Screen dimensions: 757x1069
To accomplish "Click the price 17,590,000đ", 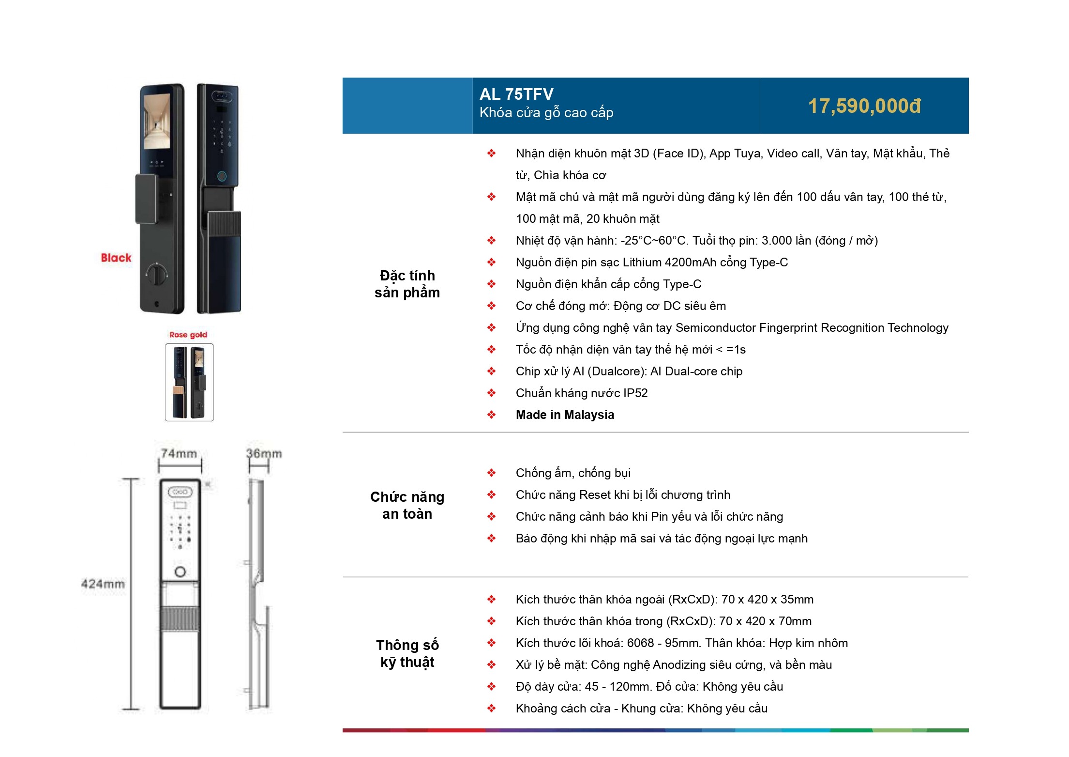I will (x=864, y=106).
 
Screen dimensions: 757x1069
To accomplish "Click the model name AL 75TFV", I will (x=516, y=94).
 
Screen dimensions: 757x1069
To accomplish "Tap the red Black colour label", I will (x=116, y=258).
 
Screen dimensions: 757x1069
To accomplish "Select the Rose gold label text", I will (x=188, y=335).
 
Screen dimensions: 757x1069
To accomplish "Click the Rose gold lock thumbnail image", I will (x=189, y=382).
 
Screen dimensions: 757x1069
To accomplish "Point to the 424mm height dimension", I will (x=103, y=584).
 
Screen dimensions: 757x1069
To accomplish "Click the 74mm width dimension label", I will (x=179, y=454).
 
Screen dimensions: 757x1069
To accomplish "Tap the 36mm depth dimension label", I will (x=264, y=454).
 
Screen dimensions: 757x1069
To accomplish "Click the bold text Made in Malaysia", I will (x=565, y=415).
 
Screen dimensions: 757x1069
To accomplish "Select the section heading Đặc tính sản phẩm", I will (x=407, y=284).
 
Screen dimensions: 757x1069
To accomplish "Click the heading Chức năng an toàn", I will (x=407, y=505).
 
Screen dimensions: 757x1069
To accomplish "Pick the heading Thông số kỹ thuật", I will (x=407, y=653).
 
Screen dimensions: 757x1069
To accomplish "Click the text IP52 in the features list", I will (x=635, y=393).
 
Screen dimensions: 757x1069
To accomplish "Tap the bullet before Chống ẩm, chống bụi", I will (x=491, y=473).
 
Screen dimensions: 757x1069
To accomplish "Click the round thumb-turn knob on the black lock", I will (x=156, y=274).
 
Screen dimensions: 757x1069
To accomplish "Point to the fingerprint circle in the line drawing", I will (x=180, y=572).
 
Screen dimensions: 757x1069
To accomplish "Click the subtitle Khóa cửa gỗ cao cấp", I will (x=546, y=113).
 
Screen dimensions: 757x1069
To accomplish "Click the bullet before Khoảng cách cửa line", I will (x=491, y=709).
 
